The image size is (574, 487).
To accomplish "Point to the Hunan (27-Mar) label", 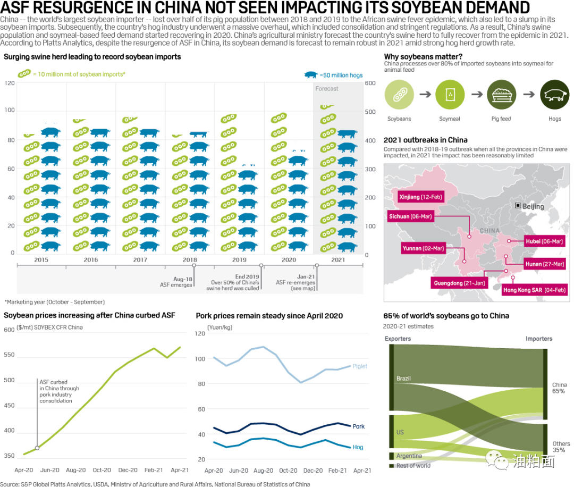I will (x=542, y=264).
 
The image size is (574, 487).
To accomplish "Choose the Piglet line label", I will (x=360, y=366).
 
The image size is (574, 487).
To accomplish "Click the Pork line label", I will (x=359, y=426).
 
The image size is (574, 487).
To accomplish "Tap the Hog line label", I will (x=358, y=447).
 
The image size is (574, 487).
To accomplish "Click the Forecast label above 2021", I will (x=327, y=89).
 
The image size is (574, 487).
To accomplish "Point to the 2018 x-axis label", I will (x=190, y=260).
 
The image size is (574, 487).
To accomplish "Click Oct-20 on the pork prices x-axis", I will (x=288, y=471).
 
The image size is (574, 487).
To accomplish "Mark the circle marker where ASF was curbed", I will (x=37, y=448).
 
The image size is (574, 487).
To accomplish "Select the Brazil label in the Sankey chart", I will (x=403, y=379).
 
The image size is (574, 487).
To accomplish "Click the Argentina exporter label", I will (x=409, y=456).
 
